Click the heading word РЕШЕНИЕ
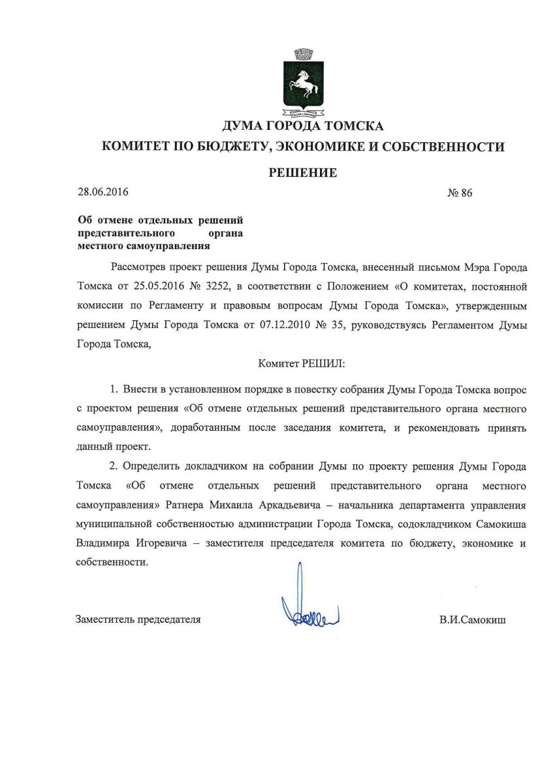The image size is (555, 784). click(x=303, y=173)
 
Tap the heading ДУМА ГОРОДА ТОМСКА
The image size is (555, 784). click(x=303, y=126)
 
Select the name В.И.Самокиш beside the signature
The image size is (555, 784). click(x=472, y=620)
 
